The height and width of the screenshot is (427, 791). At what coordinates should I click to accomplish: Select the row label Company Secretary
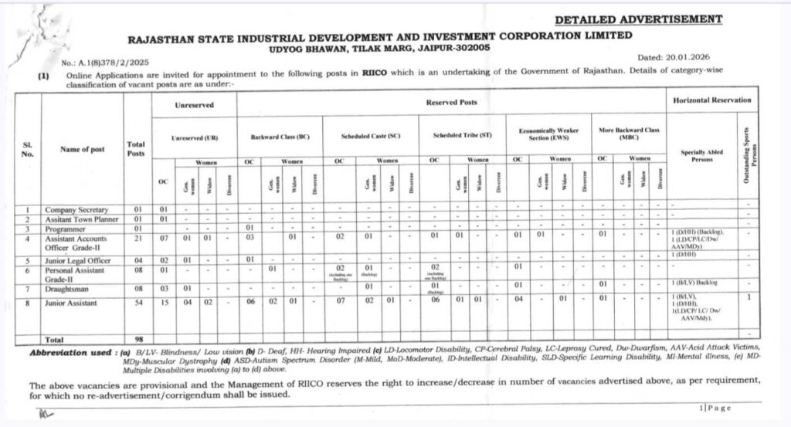[x=76, y=209]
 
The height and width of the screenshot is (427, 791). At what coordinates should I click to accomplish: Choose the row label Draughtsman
[x=69, y=287]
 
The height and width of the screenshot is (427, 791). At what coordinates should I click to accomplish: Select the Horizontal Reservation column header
[x=711, y=100]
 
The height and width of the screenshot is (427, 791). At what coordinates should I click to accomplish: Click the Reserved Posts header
[x=451, y=102]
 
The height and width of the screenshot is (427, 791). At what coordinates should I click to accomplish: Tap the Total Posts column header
[x=135, y=148]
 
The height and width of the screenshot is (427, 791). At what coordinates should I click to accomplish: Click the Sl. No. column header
[x=28, y=148]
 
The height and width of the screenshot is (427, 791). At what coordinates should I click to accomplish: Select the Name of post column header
[x=83, y=149]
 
